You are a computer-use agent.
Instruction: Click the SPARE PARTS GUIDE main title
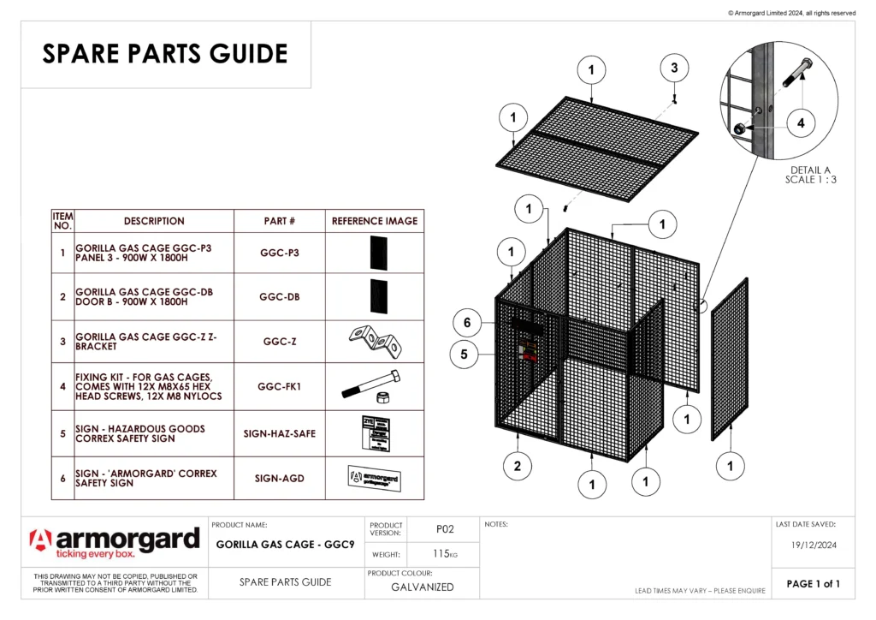click(x=165, y=54)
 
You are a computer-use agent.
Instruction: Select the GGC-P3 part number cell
click(x=280, y=253)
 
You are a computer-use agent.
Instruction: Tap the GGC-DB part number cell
click(x=280, y=297)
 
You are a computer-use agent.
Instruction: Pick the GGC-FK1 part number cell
click(x=280, y=387)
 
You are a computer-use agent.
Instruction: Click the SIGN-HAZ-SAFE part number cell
click(x=280, y=433)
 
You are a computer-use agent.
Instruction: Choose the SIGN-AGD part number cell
click(x=280, y=479)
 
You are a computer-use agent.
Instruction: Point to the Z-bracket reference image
click(x=374, y=342)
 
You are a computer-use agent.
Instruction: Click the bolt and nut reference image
click(x=374, y=387)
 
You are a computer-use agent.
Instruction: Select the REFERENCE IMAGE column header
click(x=375, y=221)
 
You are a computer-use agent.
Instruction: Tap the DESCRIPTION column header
click(x=154, y=221)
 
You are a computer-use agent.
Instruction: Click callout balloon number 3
click(x=674, y=68)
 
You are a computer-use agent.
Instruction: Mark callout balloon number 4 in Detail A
click(x=801, y=123)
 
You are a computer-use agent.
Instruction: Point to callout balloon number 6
click(x=467, y=323)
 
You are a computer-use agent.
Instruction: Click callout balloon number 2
click(x=518, y=467)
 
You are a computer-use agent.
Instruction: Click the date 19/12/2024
click(x=812, y=544)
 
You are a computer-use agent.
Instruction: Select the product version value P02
click(x=444, y=530)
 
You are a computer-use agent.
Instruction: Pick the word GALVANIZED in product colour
click(x=422, y=587)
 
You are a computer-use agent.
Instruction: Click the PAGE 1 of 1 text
click(x=813, y=584)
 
